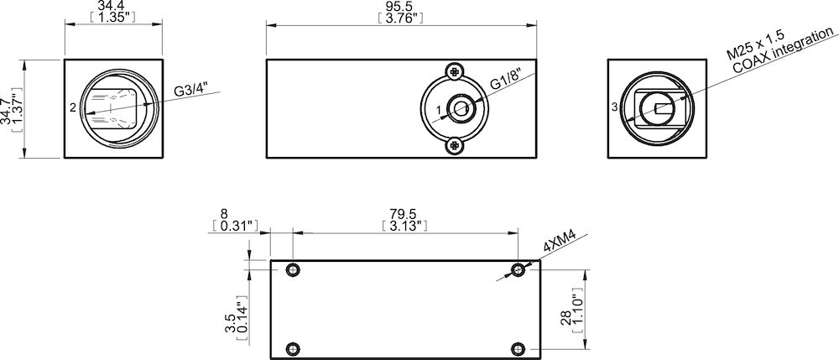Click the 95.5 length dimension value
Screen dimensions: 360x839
(x=401, y=6)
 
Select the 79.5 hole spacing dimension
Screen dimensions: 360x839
(x=404, y=214)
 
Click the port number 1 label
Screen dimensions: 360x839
(x=439, y=109)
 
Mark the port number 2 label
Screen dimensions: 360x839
(x=74, y=107)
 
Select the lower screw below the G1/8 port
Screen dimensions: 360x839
(x=455, y=145)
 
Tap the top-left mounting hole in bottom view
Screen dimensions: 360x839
(x=293, y=269)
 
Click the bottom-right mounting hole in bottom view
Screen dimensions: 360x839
(x=519, y=348)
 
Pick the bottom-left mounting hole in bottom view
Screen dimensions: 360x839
(x=293, y=348)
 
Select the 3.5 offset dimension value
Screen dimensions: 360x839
(x=229, y=324)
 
